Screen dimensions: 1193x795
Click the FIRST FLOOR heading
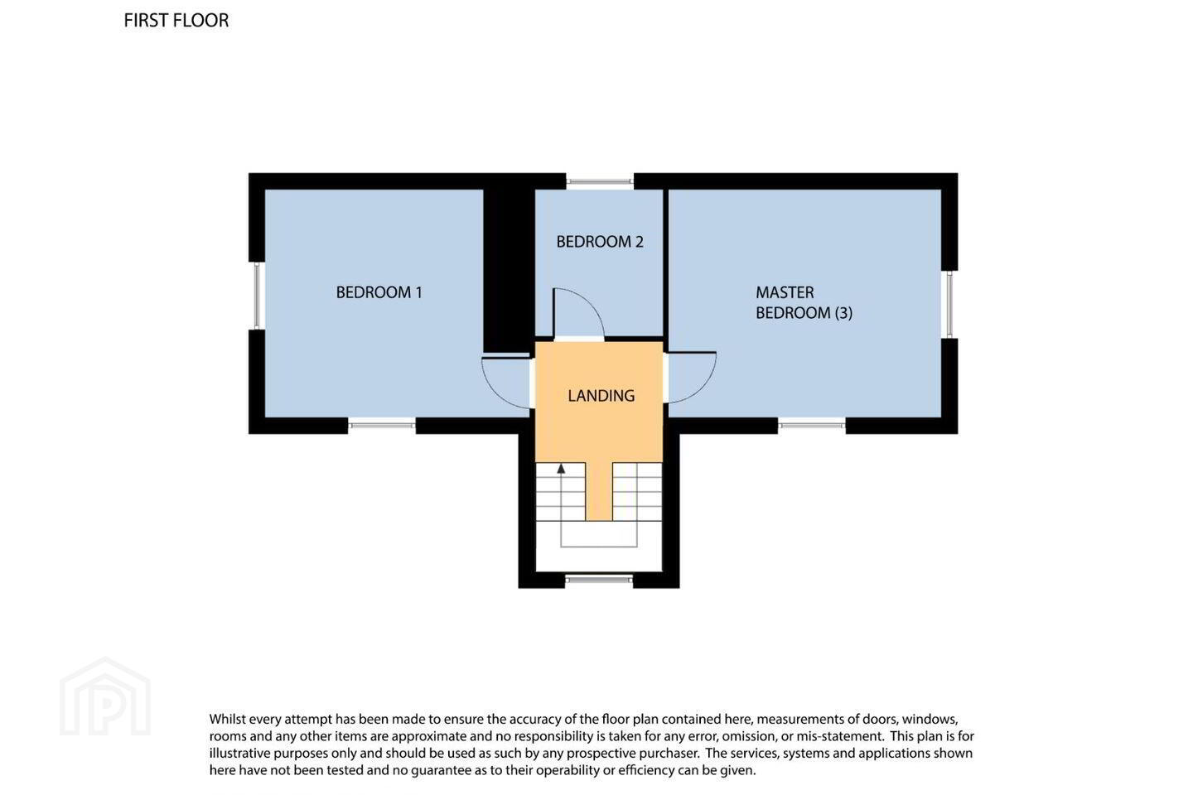point(176,20)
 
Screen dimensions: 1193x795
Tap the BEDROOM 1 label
point(379,292)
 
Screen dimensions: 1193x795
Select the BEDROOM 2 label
point(600,242)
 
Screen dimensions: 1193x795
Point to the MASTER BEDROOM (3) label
point(804,302)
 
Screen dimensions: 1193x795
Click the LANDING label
point(601,396)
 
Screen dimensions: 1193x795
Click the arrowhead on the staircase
point(561,469)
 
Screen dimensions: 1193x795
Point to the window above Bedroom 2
point(600,181)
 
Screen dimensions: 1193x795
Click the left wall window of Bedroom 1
point(257,296)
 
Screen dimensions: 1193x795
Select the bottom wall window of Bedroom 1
point(382,425)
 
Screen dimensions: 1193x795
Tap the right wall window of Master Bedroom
point(949,305)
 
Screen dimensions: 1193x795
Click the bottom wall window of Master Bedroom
point(812,425)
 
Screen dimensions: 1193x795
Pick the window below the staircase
point(599,580)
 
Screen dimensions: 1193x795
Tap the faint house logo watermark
point(105,696)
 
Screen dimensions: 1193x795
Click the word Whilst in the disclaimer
point(227,720)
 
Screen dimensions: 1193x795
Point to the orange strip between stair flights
point(599,491)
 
